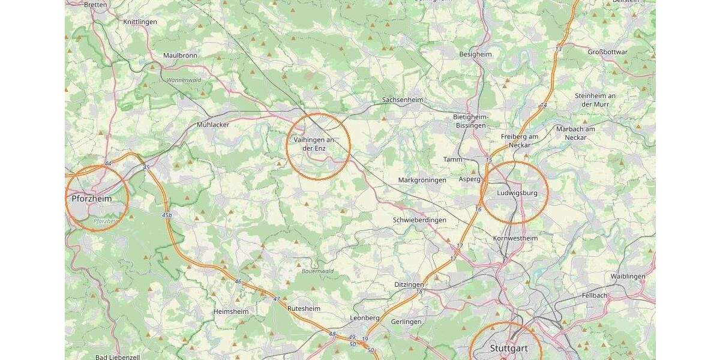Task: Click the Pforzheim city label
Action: click(x=92, y=199)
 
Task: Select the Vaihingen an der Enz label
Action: click(x=314, y=143)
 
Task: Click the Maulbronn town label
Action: click(x=180, y=55)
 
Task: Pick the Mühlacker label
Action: click(x=213, y=125)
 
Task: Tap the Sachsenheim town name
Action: click(x=402, y=100)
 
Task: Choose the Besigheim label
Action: click(x=475, y=54)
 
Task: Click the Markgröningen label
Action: click(x=422, y=180)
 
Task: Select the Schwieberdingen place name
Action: click(x=419, y=220)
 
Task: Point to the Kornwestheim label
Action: click(x=515, y=238)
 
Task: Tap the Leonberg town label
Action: click(x=365, y=317)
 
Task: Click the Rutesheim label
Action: click(x=304, y=308)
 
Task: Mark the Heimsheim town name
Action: click(x=230, y=311)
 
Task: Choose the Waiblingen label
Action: click(x=628, y=276)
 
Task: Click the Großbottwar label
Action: click(x=607, y=52)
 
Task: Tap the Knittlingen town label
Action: click(x=140, y=22)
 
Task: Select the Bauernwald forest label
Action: click(x=317, y=271)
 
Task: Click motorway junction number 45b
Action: click(x=167, y=215)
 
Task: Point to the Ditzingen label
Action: click(x=409, y=284)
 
